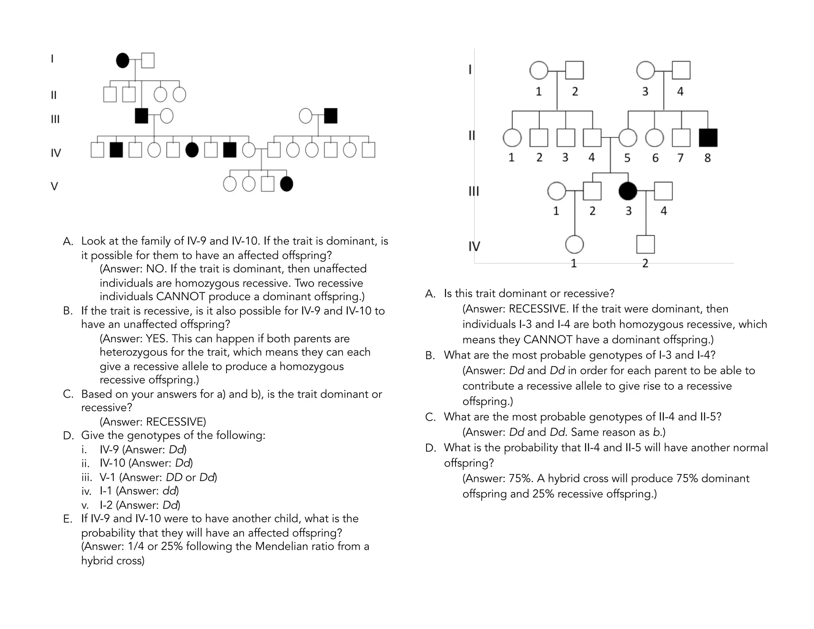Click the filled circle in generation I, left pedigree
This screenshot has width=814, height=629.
point(122,60)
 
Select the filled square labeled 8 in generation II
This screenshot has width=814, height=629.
point(708,138)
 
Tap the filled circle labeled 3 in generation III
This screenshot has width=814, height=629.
point(628,191)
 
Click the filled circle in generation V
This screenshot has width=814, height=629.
point(287,184)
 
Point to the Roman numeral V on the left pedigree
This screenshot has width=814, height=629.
point(54,186)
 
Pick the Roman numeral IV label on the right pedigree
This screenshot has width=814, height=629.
point(474,247)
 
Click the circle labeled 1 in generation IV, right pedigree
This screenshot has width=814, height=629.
point(574,245)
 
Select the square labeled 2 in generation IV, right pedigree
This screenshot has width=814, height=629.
point(645,245)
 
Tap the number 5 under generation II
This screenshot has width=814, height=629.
point(627,158)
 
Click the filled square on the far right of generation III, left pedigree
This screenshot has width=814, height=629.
point(331,116)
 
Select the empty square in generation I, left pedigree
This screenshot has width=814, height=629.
point(148,60)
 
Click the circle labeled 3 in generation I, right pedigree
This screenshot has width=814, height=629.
point(645,70)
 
